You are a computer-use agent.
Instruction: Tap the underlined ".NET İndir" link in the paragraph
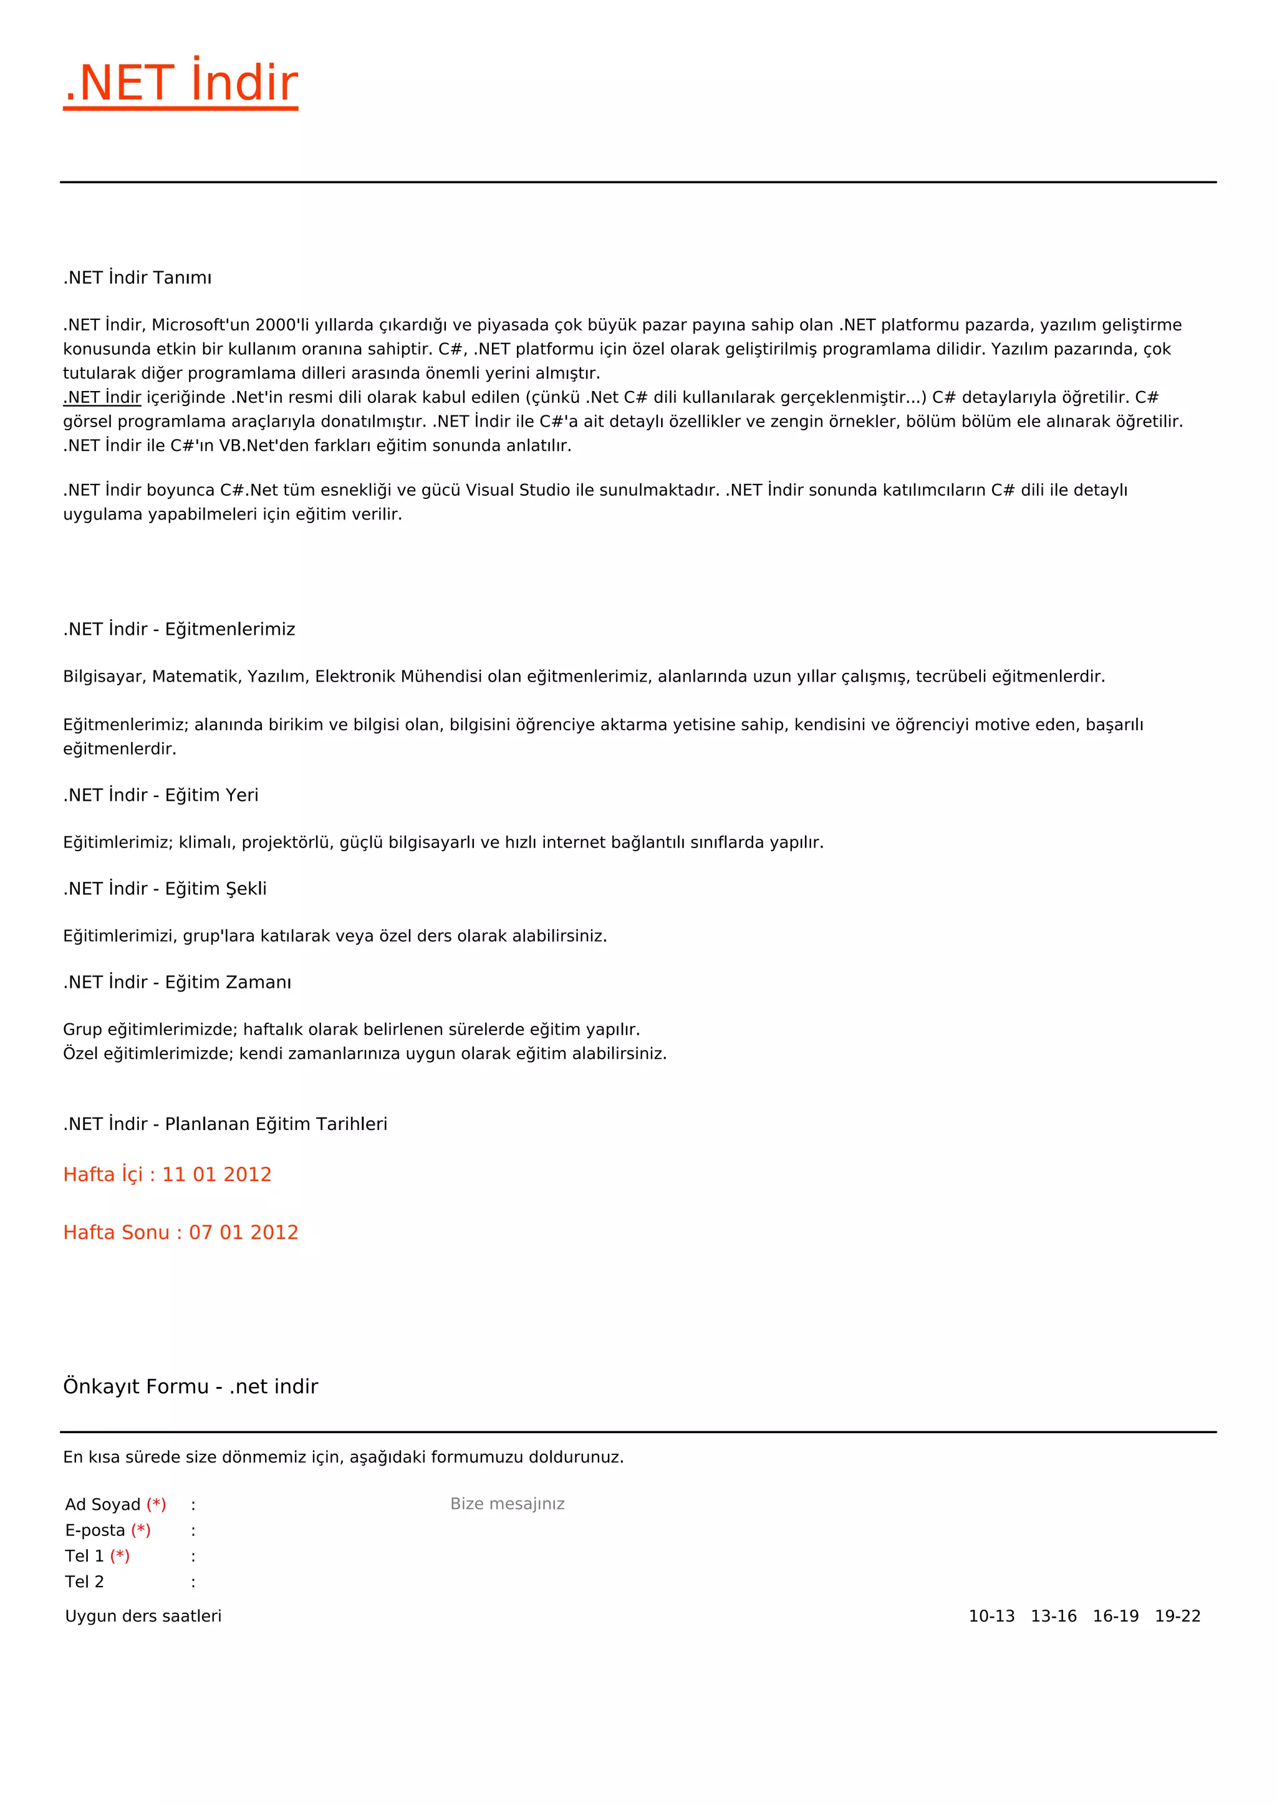click(x=102, y=397)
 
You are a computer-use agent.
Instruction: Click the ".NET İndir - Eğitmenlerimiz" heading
click(x=180, y=629)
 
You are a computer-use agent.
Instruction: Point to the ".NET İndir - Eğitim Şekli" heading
click(x=165, y=889)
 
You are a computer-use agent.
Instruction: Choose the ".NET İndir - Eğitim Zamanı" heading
click(x=177, y=982)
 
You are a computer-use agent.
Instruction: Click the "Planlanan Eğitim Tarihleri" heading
click(x=275, y=1124)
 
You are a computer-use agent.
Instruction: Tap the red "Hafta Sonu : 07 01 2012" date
click(x=180, y=1232)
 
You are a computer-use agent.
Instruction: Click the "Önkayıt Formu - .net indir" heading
click(x=190, y=1387)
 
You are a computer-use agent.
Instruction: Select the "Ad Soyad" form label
click(x=103, y=1505)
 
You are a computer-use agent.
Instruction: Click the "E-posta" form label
click(x=95, y=1531)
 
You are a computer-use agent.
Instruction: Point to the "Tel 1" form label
click(x=84, y=1556)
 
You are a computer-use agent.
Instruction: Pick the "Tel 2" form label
click(x=84, y=1582)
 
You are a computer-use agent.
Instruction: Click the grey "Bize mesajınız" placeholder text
click(x=507, y=1504)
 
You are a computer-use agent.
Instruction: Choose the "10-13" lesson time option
click(x=991, y=1616)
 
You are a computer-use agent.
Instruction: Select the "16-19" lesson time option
click(x=1115, y=1616)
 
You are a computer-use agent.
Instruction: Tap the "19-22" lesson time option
click(x=1177, y=1616)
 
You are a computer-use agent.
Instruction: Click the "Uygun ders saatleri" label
click(x=143, y=1616)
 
